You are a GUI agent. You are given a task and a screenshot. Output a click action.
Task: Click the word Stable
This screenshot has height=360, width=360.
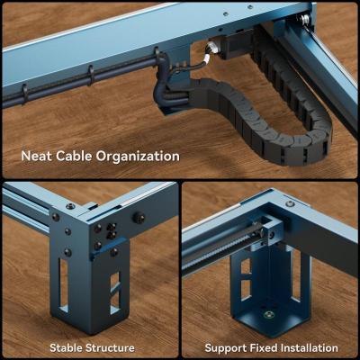(x=66, y=348)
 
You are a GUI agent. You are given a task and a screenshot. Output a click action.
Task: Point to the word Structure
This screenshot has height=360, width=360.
(x=110, y=348)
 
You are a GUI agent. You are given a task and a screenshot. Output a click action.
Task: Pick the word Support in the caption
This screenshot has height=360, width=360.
(x=225, y=348)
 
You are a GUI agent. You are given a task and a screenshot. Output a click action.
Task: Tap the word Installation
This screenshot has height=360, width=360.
(x=310, y=348)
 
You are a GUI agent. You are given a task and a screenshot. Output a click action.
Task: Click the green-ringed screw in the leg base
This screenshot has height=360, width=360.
(x=269, y=315)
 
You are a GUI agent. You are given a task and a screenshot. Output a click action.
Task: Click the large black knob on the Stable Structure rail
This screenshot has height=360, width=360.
(x=139, y=218)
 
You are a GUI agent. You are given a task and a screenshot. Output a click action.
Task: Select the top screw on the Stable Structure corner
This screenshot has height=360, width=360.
(x=70, y=206)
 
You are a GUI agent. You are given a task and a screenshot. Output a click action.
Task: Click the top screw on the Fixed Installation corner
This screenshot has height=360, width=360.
(x=290, y=203)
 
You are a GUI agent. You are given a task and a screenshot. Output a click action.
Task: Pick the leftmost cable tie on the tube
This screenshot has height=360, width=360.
(x=25, y=93)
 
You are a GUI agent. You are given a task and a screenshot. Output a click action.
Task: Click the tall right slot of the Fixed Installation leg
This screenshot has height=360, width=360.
(x=295, y=276)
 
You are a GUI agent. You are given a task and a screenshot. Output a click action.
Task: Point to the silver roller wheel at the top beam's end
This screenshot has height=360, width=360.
(x=305, y=18)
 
